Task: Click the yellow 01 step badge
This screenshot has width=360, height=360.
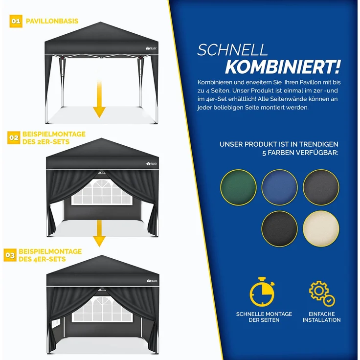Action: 16,22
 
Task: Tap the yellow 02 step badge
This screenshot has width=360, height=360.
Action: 14,138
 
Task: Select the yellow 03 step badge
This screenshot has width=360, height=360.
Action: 10,255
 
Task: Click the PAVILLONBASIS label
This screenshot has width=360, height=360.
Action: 52,22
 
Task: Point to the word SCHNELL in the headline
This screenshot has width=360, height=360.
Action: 232,50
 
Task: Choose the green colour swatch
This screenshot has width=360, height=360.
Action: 238,187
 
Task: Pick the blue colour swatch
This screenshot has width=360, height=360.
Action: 279,187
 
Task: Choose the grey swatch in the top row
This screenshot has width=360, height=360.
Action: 321,187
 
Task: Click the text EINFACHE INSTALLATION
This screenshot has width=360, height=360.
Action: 321,317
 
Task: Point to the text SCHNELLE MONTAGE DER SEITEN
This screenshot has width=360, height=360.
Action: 264,317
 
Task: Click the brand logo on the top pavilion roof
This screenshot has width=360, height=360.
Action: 149,47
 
